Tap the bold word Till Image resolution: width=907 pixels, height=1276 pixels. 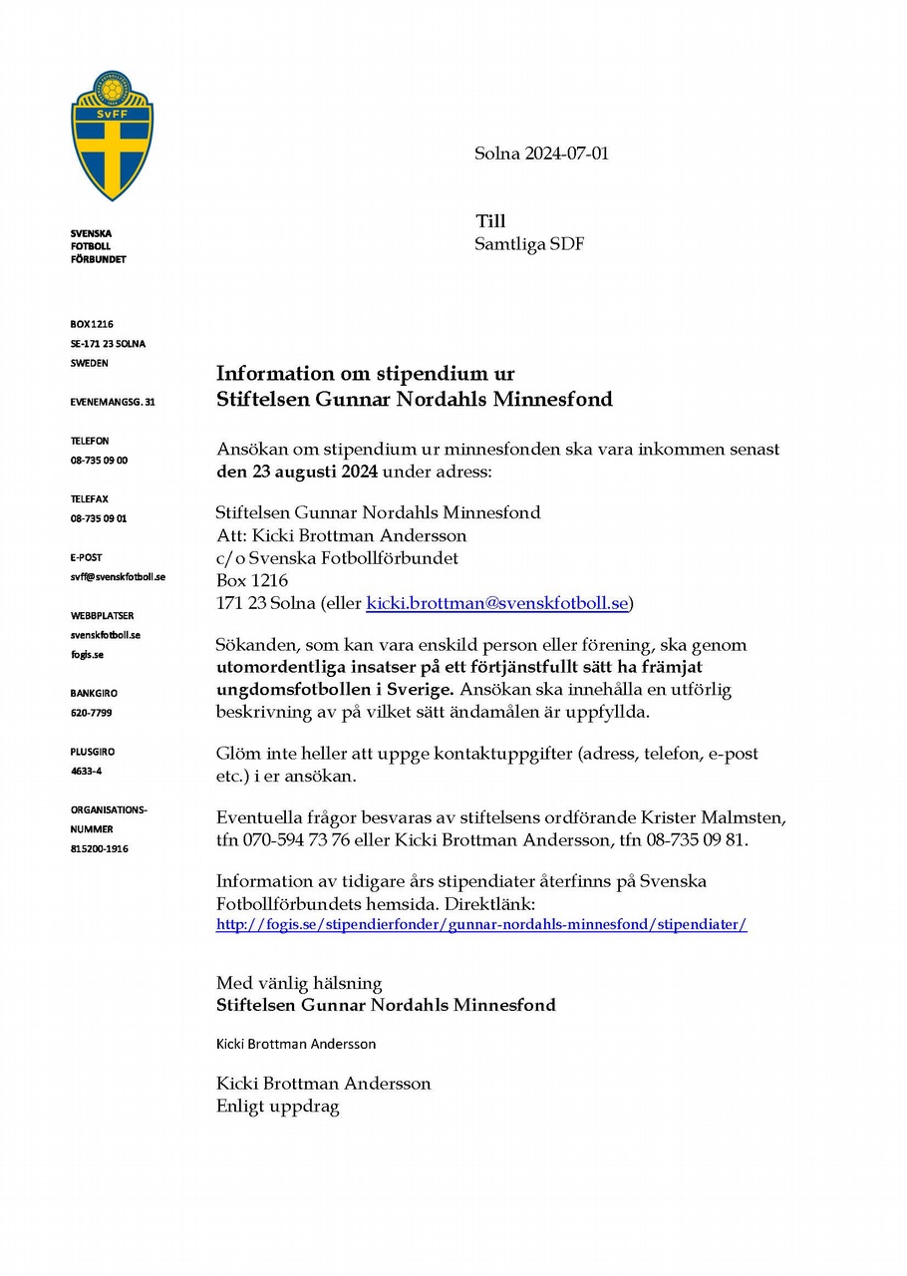[x=490, y=221]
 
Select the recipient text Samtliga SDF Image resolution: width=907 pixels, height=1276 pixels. [x=529, y=243]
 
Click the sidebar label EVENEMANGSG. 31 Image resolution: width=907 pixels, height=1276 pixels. [x=113, y=402]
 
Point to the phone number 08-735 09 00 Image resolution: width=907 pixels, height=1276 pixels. [x=99, y=461]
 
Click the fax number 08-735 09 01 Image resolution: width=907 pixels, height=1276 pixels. [x=99, y=518]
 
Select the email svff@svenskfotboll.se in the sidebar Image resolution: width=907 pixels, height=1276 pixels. [x=118, y=577]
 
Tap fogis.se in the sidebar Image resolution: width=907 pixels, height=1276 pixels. [x=87, y=654]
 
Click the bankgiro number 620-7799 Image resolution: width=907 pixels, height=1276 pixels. [x=91, y=713]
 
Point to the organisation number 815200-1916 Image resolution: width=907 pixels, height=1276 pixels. [x=99, y=848]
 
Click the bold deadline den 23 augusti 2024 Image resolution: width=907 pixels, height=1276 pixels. [x=297, y=471]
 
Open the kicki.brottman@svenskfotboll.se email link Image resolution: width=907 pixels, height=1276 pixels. [x=497, y=603]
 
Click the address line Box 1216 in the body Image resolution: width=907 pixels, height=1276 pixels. [x=252, y=580]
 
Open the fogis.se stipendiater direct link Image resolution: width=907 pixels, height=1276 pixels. [x=481, y=924]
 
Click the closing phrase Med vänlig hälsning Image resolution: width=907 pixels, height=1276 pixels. [x=299, y=983]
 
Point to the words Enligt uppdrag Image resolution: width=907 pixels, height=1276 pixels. [x=278, y=1106]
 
